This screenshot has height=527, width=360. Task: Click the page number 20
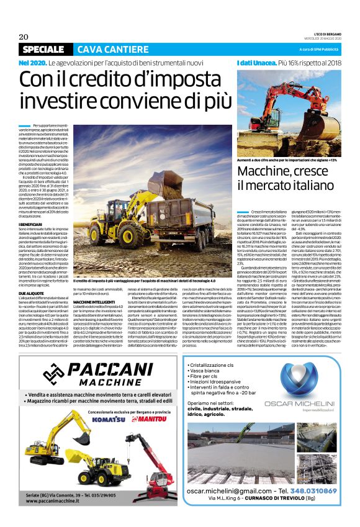24,36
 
